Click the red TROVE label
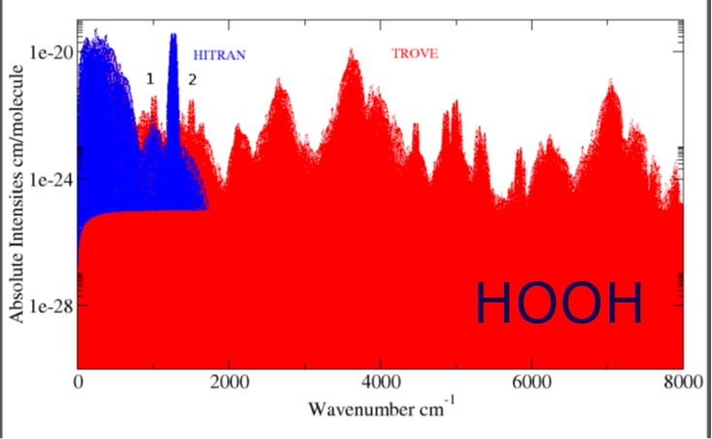pyautogui.click(x=415, y=53)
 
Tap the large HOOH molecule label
pyautogui.click(x=559, y=303)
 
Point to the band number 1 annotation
pyautogui.click(x=149, y=78)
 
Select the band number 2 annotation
pyautogui.click(x=192, y=78)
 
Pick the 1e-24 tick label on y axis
pyautogui.click(x=49, y=179)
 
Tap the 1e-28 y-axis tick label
pyautogui.click(x=49, y=305)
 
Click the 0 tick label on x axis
pyautogui.click(x=78, y=383)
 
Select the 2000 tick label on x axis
pyautogui.click(x=230, y=383)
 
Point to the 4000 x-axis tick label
pyautogui.click(x=381, y=383)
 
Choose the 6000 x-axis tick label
pyautogui.click(x=532, y=383)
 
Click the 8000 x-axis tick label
pyautogui.click(x=682, y=383)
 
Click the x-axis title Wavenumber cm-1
pyautogui.click(x=379, y=408)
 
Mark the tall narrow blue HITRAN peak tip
pyautogui.click(x=173, y=36)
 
